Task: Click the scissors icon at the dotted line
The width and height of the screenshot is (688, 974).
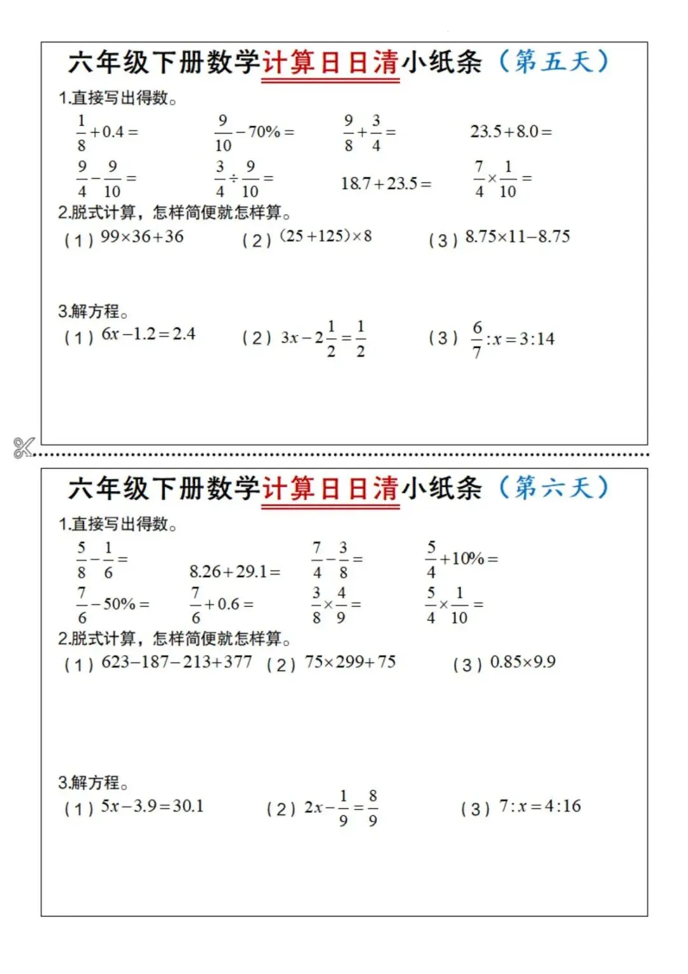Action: point(24,447)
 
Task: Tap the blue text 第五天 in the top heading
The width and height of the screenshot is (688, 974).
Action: point(553,62)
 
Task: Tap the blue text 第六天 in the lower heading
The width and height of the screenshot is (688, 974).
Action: point(553,488)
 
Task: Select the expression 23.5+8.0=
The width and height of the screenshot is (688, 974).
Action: point(511,132)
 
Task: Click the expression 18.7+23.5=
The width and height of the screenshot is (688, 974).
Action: point(386,184)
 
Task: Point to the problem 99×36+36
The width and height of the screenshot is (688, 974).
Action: point(142,237)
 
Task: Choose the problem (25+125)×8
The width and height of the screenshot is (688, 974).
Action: point(326,236)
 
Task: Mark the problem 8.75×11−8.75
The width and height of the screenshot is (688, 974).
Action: point(517,237)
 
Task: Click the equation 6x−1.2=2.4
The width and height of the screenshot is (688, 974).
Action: point(148,334)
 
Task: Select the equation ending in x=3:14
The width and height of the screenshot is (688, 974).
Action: point(513,339)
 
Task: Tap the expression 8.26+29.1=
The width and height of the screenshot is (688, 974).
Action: point(234,571)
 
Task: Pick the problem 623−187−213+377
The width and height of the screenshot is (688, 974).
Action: point(176,662)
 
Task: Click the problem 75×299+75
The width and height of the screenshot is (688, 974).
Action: point(350,662)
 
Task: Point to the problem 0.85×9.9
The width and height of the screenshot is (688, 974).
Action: point(522,662)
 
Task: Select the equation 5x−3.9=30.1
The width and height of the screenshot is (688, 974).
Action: point(152,806)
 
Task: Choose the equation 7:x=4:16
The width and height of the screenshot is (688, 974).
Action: point(540,806)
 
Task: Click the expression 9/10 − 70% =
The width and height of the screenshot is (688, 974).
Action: point(254,132)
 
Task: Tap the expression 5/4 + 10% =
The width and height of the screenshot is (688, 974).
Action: point(462,559)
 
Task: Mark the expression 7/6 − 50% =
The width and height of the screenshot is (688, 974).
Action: point(113,605)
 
